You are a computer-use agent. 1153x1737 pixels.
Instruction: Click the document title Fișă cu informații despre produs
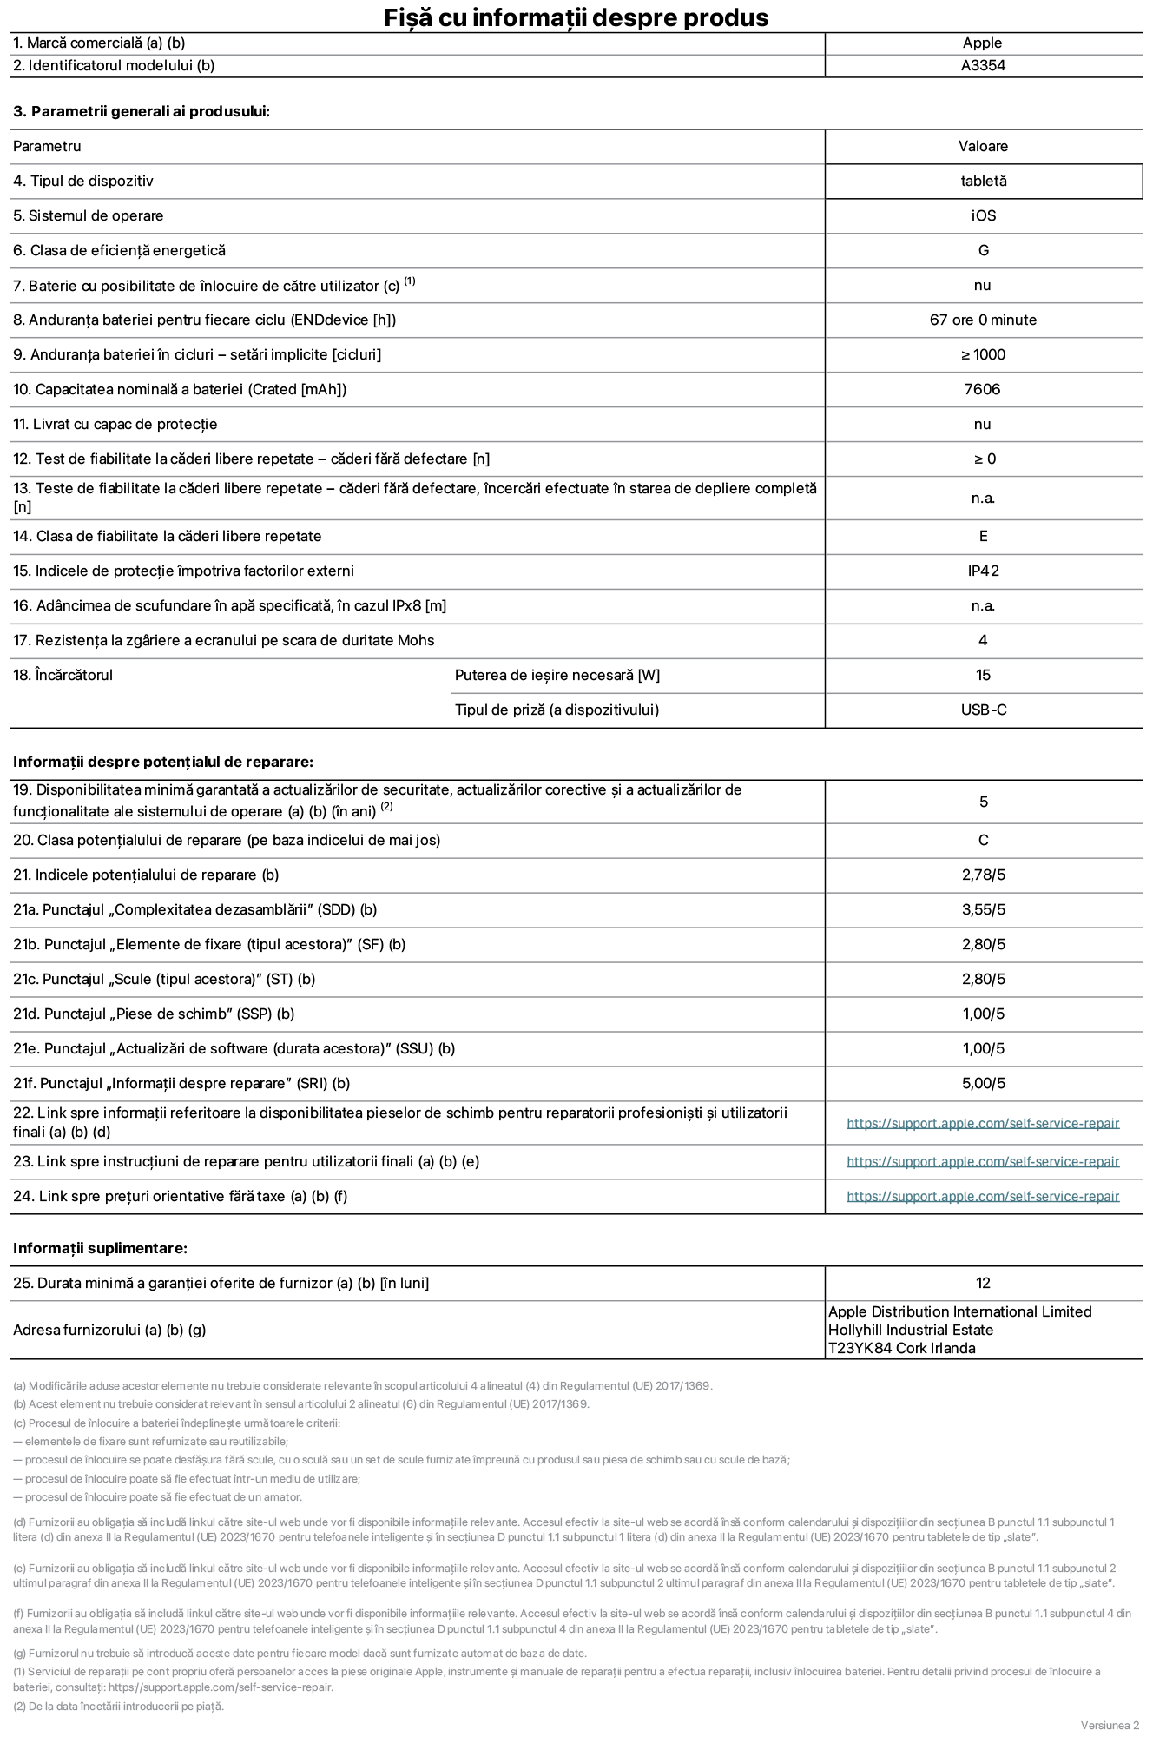(x=576, y=17)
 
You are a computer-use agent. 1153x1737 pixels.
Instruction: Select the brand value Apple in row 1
(x=982, y=43)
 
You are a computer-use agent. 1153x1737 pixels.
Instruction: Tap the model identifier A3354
(x=983, y=65)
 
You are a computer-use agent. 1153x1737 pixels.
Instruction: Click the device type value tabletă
(x=983, y=181)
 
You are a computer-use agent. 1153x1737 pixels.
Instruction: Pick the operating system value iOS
(x=983, y=215)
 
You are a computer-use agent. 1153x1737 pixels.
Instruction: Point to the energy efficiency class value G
(x=983, y=250)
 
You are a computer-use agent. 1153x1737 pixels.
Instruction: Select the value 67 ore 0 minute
(x=983, y=320)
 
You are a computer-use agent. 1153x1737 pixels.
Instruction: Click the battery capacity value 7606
(x=982, y=389)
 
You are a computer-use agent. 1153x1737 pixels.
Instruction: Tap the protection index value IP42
(x=983, y=571)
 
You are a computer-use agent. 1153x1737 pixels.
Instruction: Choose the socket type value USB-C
(x=983, y=710)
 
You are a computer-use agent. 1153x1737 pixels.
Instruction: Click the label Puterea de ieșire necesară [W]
(x=557, y=675)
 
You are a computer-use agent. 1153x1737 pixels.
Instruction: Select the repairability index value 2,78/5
(x=983, y=875)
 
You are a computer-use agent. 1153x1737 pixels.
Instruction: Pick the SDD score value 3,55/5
(x=983, y=909)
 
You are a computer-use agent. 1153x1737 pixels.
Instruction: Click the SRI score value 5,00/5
(x=983, y=1083)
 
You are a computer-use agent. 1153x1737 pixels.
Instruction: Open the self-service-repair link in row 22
(x=982, y=1123)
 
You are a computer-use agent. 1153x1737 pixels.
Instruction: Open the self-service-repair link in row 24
(x=982, y=1196)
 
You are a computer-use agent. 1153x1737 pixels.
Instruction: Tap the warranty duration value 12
(x=983, y=1283)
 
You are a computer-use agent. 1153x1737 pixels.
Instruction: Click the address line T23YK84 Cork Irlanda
(x=901, y=1348)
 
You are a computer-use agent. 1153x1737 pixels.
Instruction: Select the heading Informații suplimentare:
(x=100, y=1248)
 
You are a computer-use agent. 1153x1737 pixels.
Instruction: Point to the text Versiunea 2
(x=1109, y=1724)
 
